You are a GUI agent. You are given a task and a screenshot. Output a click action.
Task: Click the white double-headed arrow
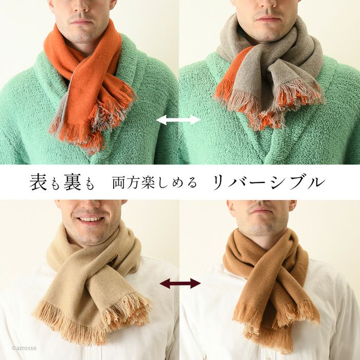pos(178,120)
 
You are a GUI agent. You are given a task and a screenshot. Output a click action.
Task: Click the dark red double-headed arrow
pos(180,283)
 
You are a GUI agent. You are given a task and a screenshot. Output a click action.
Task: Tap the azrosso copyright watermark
pos(24,348)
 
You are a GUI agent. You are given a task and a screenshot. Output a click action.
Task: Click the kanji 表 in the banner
pos(39,182)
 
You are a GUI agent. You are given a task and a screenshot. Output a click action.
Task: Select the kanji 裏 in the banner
pos(73,182)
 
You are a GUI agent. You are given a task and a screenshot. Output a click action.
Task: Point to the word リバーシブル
pos(269,182)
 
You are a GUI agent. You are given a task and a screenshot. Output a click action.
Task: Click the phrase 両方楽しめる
pos(154,183)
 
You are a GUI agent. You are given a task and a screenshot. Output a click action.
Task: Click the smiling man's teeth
pos(90,219)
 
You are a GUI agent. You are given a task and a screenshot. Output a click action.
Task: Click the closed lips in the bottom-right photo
pos(261,210)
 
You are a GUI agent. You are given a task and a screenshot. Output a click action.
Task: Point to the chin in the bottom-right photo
pos(262,224)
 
